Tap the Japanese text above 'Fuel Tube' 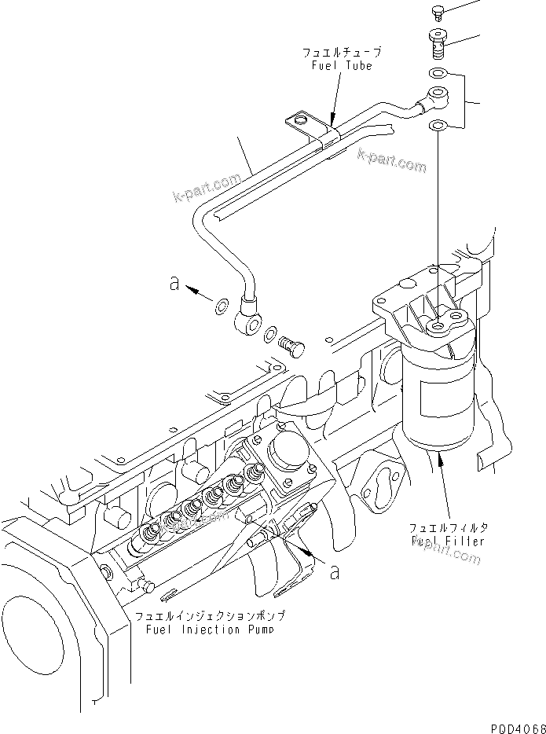click(x=342, y=52)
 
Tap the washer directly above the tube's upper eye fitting click(x=438, y=75)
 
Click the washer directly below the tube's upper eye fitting click(x=438, y=125)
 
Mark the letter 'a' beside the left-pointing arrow click(x=174, y=284)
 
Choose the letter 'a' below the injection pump click(x=335, y=573)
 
